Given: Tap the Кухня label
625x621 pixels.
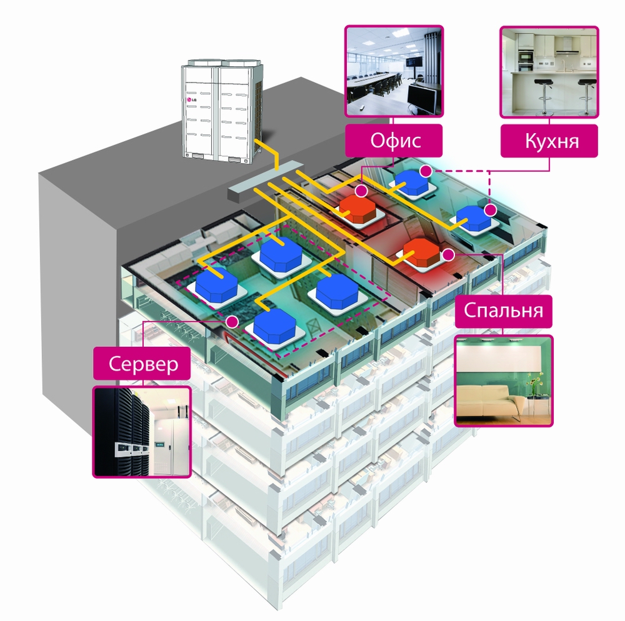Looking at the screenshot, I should click(x=549, y=140).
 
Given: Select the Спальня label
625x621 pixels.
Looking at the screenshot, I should click(x=503, y=310).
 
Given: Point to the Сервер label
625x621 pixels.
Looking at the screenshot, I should click(x=141, y=364).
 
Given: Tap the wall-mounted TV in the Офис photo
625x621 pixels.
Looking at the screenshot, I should click(x=414, y=62).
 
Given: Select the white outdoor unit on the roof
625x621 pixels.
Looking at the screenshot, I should click(x=222, y=112).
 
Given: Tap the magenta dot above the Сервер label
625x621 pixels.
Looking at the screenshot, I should click(x=232, y=322).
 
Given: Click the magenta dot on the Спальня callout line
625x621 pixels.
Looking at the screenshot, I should click(x=449, y=254).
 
